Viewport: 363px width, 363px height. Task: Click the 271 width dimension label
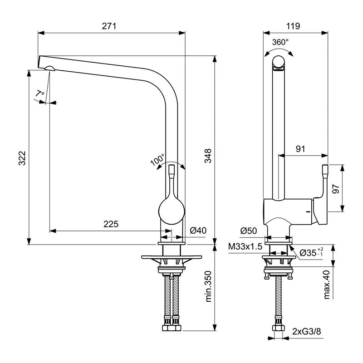pyautogui.click(x=109, y=26)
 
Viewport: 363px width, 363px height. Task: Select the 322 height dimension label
pyautogui.click(x=22, y=158)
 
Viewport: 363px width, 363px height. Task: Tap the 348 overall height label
pyautogui.click(x=208, y=156)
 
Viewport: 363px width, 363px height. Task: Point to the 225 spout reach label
pyautogui.click(x=111, y=224)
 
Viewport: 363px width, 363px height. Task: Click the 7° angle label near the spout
pyautogui.click(x=40, y=93)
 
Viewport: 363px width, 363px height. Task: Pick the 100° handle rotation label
pyautogui.click(x=157, y=160)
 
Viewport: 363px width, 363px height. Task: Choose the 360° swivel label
pyautogui.click(x=280, y=42)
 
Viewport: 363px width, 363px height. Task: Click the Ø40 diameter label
pyautogui.click(x=198, y=231)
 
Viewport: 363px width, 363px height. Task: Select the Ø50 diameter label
pyautogui.click(x=249, y=231)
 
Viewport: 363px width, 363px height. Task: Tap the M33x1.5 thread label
pyautogui.click(x=245, y=246)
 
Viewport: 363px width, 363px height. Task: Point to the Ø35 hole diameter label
pyautogui.click(x=311, y=253)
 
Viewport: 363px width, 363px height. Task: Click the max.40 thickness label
pyautogui.click(x=326, y=285)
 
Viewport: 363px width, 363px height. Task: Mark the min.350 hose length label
pyautogui.click(x=208, y=286)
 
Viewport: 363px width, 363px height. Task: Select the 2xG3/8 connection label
pyautogui.click(x=307, y=332)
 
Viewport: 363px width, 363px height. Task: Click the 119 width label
pyautogui.click(x=293, y=26)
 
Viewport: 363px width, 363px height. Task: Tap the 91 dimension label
pyautogui.click(x=300, y=149)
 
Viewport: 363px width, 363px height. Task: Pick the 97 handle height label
pyautogui.click(x=335, y=189)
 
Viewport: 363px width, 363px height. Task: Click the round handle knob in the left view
pyautogui.click(x=172, y=211)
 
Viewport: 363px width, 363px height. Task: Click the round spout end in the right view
pyautogui.click(x=279, y=62)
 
